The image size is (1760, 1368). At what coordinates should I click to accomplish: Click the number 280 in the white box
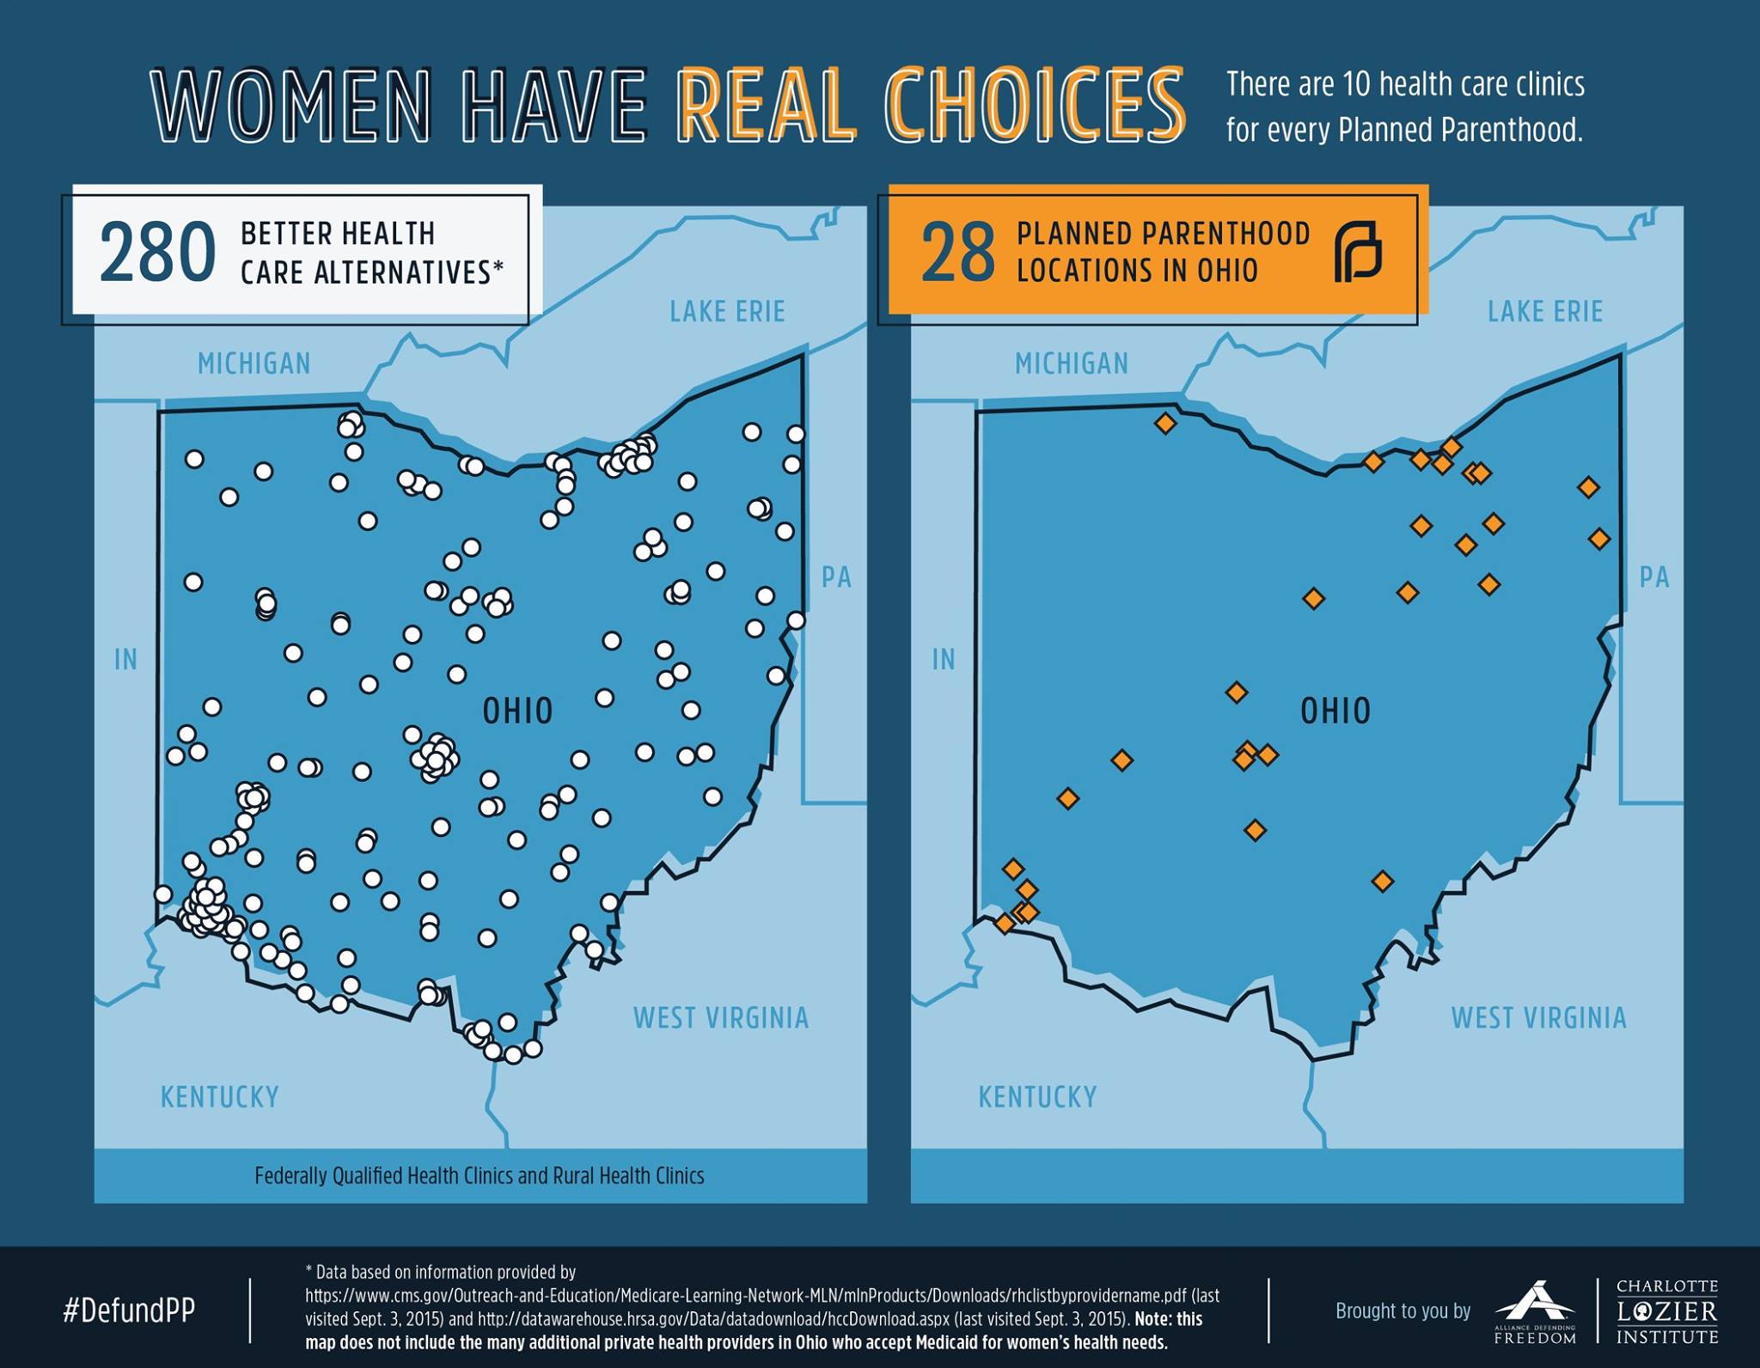tap(157, 252)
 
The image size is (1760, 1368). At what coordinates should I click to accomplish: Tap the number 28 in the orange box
tap(957, 252)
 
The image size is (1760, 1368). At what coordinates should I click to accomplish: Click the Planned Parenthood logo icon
tap(1358, 251)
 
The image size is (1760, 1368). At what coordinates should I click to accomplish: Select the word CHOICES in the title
tap(1035, 106)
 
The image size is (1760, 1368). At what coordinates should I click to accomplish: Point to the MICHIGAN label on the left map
tap(254, 364)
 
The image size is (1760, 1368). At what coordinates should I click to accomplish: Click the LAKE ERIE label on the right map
tap(1545, 311)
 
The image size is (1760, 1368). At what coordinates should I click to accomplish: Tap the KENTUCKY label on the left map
tap(220, 1097)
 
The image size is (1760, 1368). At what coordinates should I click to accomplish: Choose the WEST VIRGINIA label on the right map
tap(1538, 1018)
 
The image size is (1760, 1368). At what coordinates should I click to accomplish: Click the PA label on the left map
tap(836, 577)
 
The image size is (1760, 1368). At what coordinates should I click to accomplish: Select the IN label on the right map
tap(944, 660)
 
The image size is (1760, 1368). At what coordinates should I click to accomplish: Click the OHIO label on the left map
tap(517, 711)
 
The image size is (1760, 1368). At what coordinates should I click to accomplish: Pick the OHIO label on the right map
tap(1335, 711)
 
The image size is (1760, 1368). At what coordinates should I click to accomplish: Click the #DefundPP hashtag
tap(129, 1310)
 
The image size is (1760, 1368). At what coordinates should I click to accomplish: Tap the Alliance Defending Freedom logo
tap(1535, 1312)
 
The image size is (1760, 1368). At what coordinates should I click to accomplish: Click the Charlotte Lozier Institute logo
tap(1666, 1311)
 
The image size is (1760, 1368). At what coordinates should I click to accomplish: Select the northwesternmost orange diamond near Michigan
tap(1165, 423)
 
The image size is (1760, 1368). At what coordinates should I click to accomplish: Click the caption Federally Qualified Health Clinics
tap(480, 1176)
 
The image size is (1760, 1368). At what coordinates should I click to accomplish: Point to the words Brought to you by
tap(1402, 1311)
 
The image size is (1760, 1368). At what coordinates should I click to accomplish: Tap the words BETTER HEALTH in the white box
tap(338, 234)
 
